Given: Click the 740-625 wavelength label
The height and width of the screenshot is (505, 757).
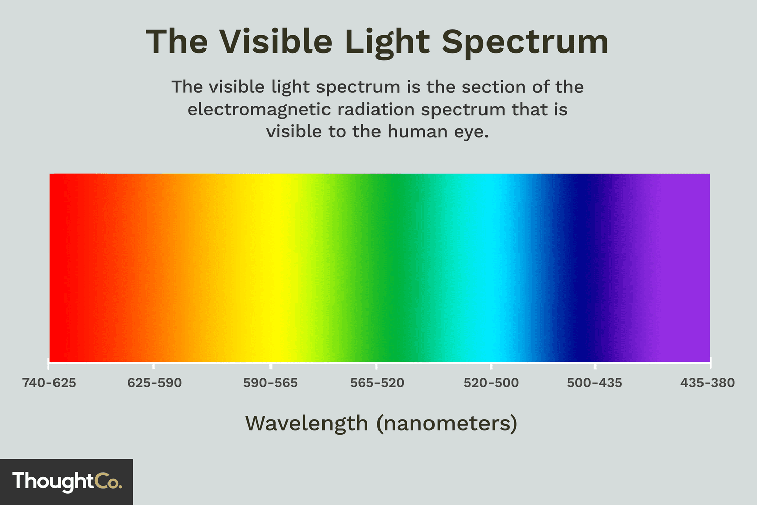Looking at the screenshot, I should (49, 383).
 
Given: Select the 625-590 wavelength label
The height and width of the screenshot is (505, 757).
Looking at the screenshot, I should (154, 383).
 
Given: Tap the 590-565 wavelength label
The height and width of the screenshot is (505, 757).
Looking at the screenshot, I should (271, 383).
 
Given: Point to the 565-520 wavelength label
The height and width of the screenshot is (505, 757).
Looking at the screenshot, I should (377, 383).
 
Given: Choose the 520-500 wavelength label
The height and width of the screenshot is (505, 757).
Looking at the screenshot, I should (491, 383).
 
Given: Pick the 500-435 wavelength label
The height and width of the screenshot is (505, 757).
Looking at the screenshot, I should (594, 383).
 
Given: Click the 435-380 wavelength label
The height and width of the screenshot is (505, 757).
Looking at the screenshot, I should (707, 383).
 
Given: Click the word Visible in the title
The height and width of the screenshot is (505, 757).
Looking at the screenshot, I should (276, 41).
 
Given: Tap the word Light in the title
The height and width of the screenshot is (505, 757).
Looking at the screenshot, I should (387, 42).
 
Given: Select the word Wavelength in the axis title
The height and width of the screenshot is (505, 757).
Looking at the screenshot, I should (307, 423).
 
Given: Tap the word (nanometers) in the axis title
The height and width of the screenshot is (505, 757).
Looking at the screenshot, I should (447, 423).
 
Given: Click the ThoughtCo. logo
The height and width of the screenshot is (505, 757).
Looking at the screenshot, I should (67, 481).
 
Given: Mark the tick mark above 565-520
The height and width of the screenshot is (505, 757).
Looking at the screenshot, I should (376, 365).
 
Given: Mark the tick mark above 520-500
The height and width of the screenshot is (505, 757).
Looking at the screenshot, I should (491, 365).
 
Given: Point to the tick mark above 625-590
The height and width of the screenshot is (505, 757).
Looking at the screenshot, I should (154, 365).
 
